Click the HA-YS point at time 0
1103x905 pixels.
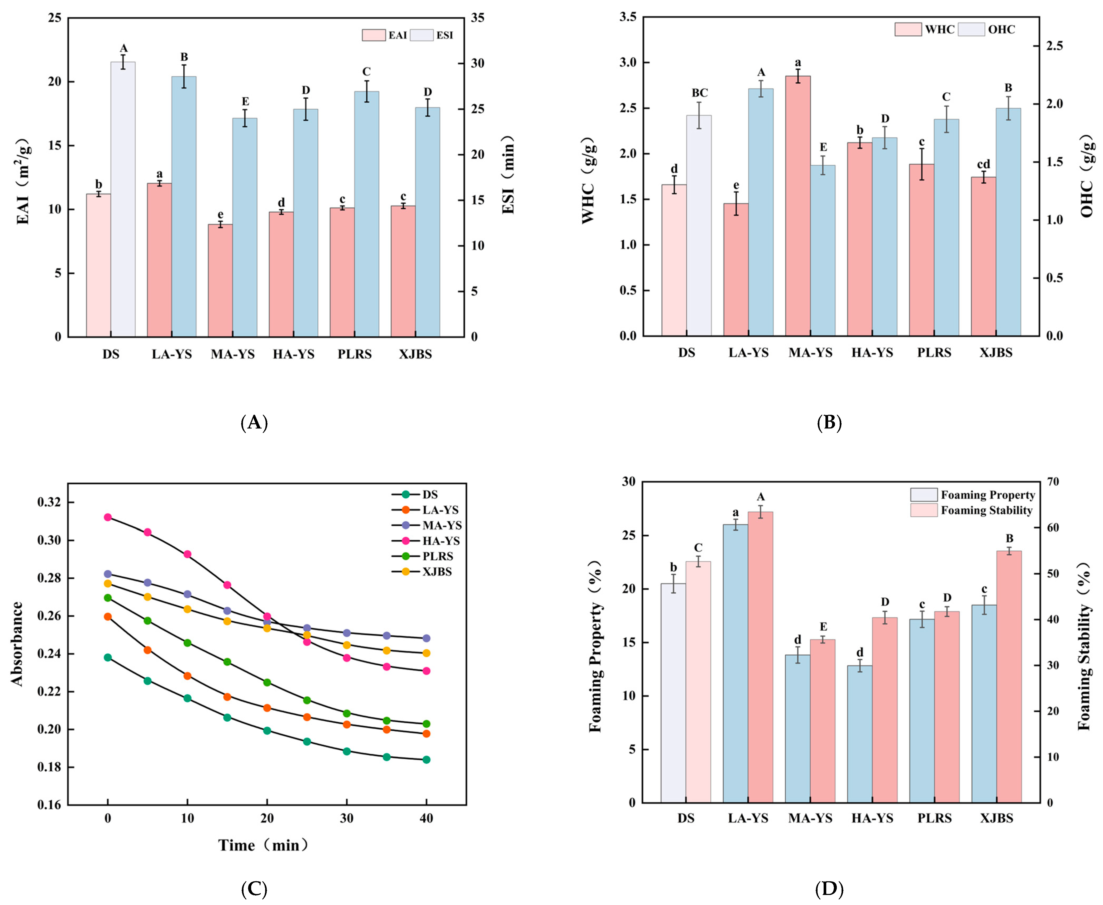[x=108, y=517]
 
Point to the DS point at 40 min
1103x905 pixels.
[x=426, y=760]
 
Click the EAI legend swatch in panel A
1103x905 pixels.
[x=374, y=35]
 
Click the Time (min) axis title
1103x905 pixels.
[x=263, y=845]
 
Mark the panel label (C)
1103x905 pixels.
[x=254, y=889]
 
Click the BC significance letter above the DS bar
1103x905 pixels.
[x=700, y=93]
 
